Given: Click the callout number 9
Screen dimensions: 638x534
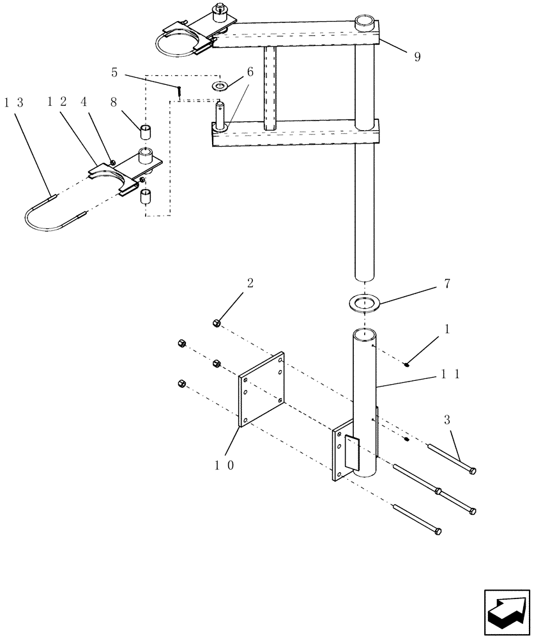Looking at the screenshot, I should [x=417, y=57].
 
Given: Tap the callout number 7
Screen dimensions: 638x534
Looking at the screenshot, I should [x=446, y=284].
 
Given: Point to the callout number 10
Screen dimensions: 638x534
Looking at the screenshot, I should [x=225, y=465].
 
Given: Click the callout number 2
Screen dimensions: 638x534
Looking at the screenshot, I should [x=250, y=283].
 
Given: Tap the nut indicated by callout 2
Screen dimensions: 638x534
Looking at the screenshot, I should [x=217, y=324].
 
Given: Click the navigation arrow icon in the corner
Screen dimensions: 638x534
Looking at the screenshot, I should [x=507, y=611].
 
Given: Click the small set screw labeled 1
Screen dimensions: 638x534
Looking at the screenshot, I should [x=407, y=364].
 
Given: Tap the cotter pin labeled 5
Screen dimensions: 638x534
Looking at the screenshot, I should [x=181, y=92].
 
